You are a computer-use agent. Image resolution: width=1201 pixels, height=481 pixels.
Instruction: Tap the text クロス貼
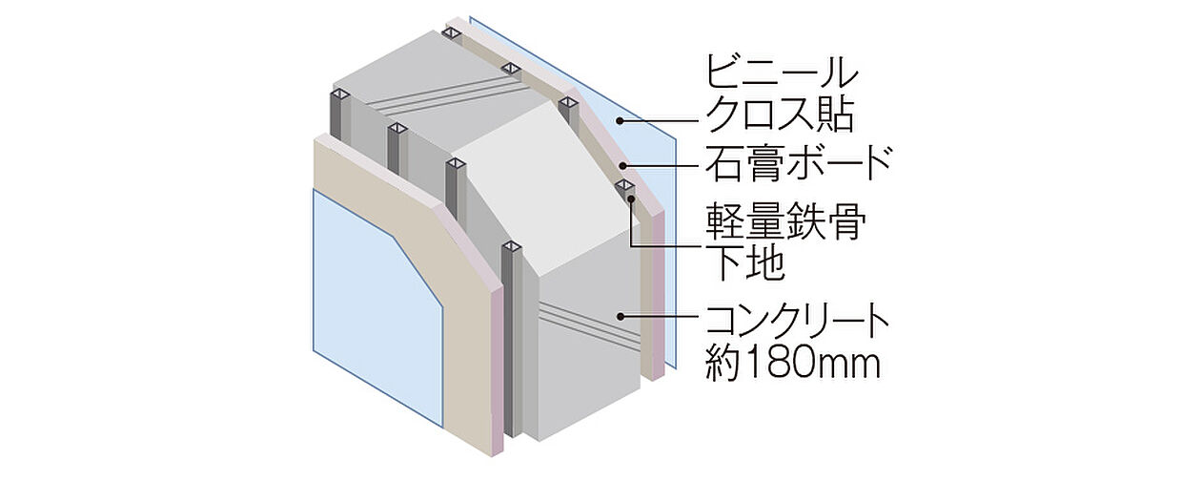tap(779, 116)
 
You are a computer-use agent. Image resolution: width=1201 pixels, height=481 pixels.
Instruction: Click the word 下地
tap(744, 263)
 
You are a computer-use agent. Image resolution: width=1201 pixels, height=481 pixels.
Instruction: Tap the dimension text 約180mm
tap(792, 363)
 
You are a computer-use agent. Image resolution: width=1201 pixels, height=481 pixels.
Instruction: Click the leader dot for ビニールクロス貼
tap(621, 120)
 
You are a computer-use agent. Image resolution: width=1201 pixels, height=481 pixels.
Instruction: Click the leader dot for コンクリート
tap(621, 316)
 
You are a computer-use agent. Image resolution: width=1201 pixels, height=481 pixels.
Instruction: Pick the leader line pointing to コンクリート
tap(662, 316)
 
